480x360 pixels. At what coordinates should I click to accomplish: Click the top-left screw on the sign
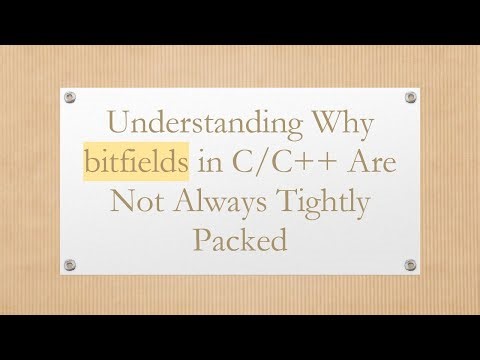point(71,98)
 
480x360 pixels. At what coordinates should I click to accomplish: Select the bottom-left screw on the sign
point(71,265)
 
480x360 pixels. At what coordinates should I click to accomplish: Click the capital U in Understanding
point(118,126)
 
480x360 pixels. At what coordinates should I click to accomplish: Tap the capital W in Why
point(316,126)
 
